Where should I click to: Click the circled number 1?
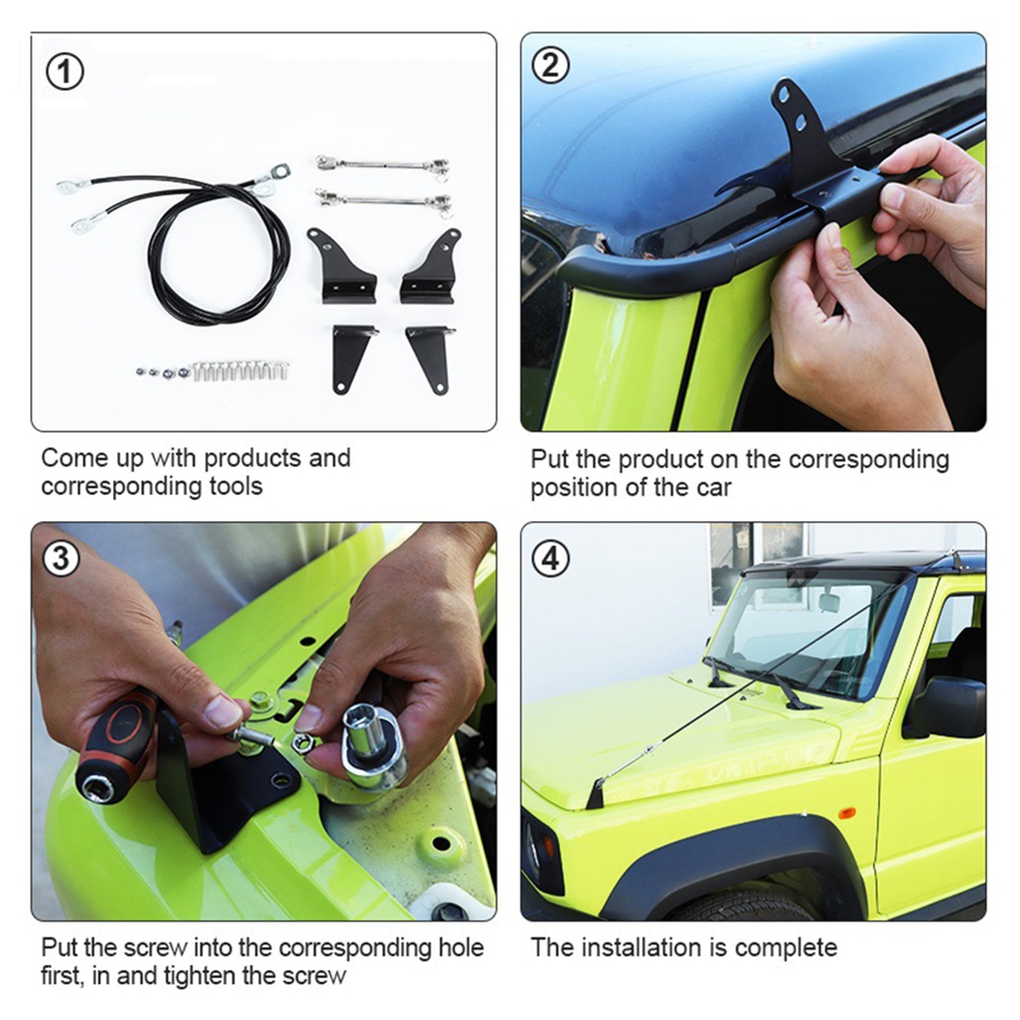[x=64, y=72]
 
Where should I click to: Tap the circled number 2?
[x=551, y=66]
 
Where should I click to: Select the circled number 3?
[x=61, y=559]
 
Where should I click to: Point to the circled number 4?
[x=551, y=559]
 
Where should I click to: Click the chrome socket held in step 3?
[x=371, y=742]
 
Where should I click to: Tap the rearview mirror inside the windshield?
[x=828, y=603]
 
